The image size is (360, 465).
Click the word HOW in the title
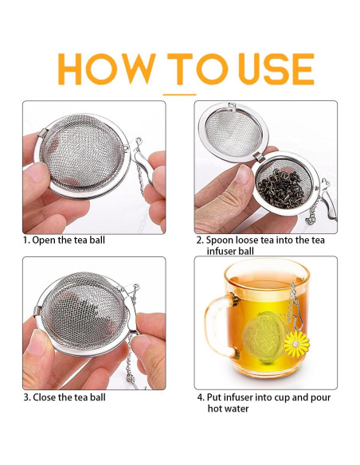tap(107, 68)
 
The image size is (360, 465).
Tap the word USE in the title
tap(276, 68)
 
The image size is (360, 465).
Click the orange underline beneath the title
tap(179, 95)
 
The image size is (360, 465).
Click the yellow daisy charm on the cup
tap(296, 344)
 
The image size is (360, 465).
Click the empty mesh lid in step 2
tap(233, 133)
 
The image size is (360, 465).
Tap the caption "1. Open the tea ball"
tap(64, 240)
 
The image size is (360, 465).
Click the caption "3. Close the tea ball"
tap(65, 397)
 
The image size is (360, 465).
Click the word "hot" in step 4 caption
tap(214, 408)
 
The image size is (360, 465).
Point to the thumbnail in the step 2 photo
tap(244, 174)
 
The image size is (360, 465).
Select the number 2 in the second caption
tap(198, 240)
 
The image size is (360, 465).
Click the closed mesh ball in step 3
tap(84, 315)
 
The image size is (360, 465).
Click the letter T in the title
tap(180, 68)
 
